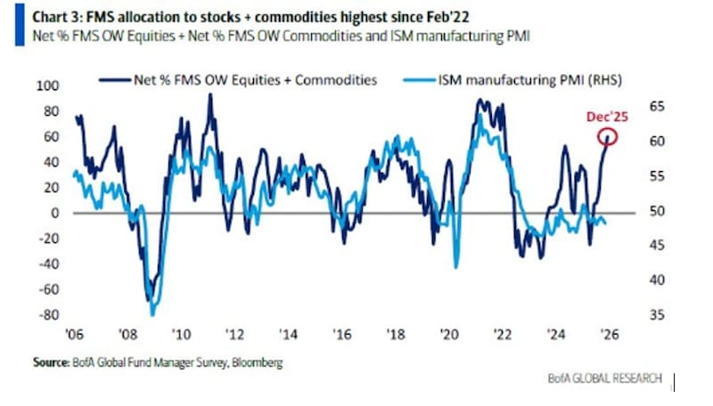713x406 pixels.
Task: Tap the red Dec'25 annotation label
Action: [606, 117]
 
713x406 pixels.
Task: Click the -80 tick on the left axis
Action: [47, 315]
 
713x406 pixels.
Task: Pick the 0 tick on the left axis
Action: [53, 213]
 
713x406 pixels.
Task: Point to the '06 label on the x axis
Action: [74, 334]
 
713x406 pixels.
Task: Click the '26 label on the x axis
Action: [611, 334]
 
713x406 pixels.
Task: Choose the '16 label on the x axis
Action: [342, 334]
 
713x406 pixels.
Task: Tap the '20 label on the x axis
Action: [449, 334]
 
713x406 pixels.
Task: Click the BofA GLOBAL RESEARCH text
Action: [605, 379]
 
